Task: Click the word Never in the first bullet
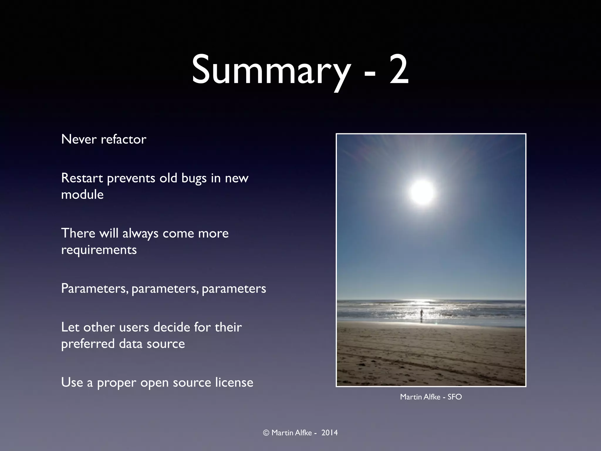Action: [79, 139]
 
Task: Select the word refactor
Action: [124, 139]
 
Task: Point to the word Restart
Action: [82, 178]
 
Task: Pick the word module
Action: [82, 195]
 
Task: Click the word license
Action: [234, 383]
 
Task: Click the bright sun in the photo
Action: [422, 192]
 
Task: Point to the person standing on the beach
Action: [421, 315]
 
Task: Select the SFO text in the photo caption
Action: [455, 397]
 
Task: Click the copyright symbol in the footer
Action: [266, 433]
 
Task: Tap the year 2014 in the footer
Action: [329, 433]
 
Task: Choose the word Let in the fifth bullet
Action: [70, 327]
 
